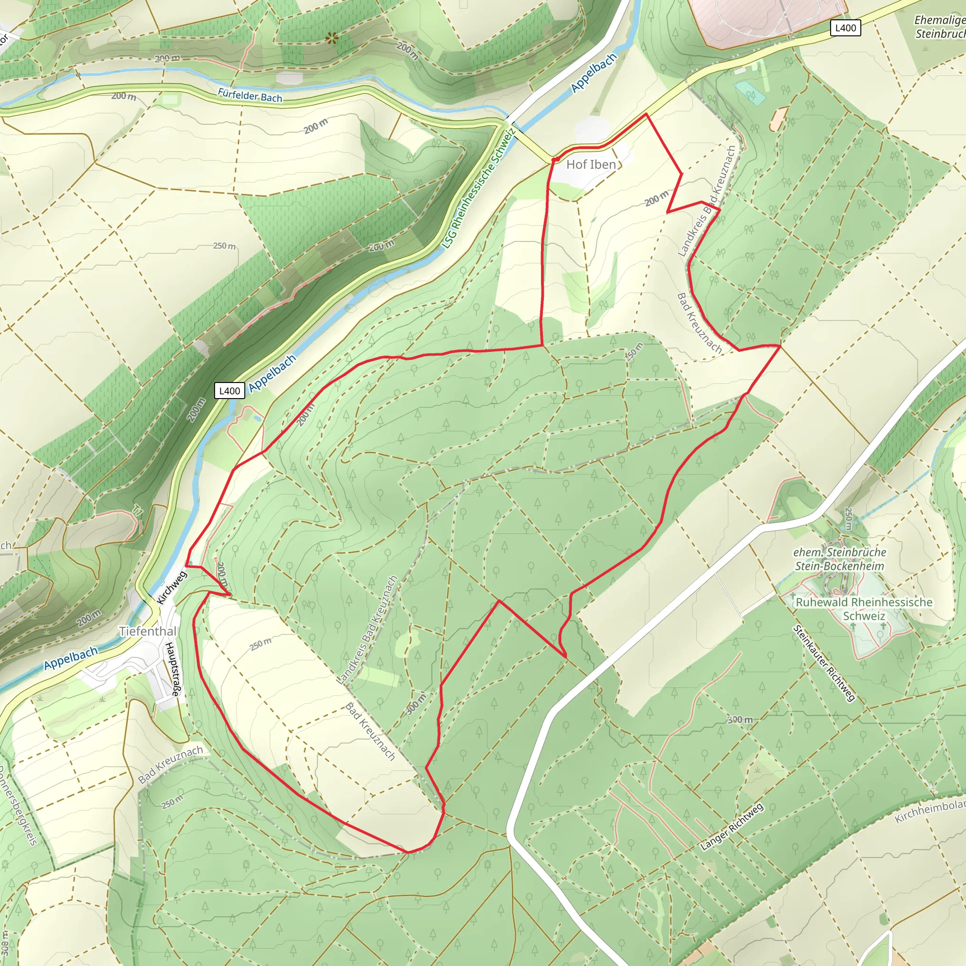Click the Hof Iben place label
(x=591, y=165)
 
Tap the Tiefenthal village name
(x=148, y=631)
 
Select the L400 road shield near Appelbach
(x=230, y=391)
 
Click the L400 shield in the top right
(x=846, y=28)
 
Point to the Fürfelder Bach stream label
(x=250, y=95)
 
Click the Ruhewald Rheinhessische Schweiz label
(x=864, y=608)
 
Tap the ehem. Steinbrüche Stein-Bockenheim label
(x=840, y=559)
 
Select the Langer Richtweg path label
(x=732, y=826)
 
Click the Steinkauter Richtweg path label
(x=824, y=663)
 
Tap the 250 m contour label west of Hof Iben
(x=225, y=246)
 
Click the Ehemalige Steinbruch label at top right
(x=939, y=27)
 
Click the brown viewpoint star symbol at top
(x=331, y=38)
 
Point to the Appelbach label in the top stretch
(x=594, y=73)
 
